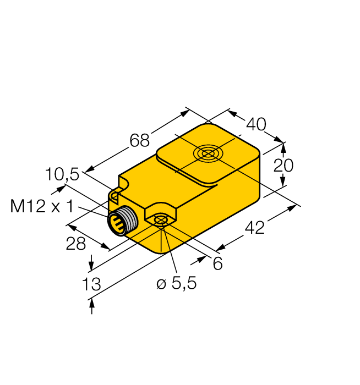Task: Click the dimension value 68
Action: coord(139,141)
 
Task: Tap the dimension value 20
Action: coord(284,165)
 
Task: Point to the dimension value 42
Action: coord(254,227)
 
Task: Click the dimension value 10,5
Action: coord(62,175)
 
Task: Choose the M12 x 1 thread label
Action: coord(42,206)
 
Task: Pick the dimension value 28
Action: coord(75,244)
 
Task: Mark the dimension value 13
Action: coord(91,284)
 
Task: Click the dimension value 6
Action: coord(217,264)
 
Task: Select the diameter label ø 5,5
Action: coord(176,284)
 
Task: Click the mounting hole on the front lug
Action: coord(160,221)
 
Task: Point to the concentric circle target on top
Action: coord(208,153)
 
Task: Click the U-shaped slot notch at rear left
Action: coord(116,194)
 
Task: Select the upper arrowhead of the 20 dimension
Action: coord(284,147)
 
